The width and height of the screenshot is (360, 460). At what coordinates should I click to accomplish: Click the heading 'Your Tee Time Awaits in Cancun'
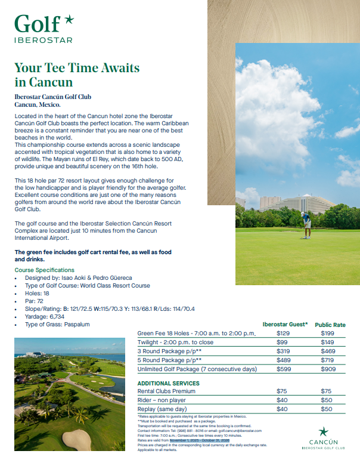tap(77, 75)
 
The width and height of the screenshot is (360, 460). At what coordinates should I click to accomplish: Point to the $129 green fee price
tap(283, 333)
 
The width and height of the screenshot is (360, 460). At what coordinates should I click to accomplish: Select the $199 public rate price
tap(327, 333)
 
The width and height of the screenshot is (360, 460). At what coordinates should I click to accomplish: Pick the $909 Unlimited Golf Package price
tap(327, 369)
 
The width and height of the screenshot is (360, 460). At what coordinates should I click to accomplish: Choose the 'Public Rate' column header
tap(330, 325)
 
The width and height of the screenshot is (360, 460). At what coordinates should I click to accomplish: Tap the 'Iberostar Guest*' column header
tap(285, 324)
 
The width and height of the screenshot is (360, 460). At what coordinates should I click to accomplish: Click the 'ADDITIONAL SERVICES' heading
tap(169, 383)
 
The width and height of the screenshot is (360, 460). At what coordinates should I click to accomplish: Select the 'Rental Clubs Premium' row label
tap(166, 391)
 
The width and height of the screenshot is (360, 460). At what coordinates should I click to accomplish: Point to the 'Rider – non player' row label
tap(162, 400)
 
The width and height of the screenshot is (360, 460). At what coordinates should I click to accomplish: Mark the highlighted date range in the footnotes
tap(200, 440)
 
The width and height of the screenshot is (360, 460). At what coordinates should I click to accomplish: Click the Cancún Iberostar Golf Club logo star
tap(323, 431)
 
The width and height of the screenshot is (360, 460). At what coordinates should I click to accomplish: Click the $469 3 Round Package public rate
tap(327, 351)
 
